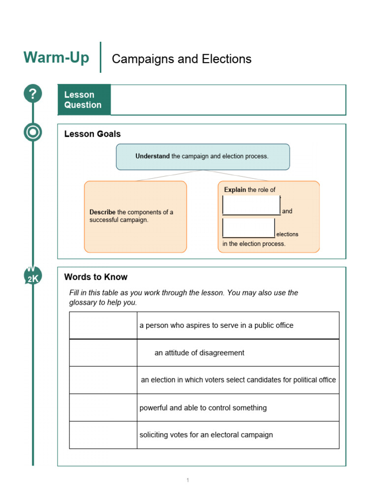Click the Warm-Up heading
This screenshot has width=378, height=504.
tap(56, 58)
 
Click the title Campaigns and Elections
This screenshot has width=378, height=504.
tap(182, 59)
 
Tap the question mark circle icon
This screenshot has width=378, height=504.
tap(33, 94)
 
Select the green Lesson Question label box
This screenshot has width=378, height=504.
tap(84, 100)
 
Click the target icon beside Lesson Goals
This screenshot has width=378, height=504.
tap(33, 132)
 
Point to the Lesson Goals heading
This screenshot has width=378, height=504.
tap(93, 134)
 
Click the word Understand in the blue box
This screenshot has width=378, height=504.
tap(153, 157)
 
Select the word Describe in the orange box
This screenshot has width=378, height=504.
tap(102, 212)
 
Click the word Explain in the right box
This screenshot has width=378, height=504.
tap(235, 189)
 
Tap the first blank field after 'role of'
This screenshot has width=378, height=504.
tap(251, 205)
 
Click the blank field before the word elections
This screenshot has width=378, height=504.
tap(249, 228)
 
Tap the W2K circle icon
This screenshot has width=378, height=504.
tap(33, 276)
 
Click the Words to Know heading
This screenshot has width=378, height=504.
tap(96, 277)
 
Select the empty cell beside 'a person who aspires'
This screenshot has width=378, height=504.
tap(103, 325)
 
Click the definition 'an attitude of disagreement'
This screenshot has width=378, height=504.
tap(199, 353)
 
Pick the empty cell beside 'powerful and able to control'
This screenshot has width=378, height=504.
tap(103, 408)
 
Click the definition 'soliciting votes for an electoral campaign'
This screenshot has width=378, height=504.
tap(206, 435)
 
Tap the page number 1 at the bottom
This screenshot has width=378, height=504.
tap(188, 480)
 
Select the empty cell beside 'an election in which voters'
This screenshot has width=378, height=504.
tap(103, 380)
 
